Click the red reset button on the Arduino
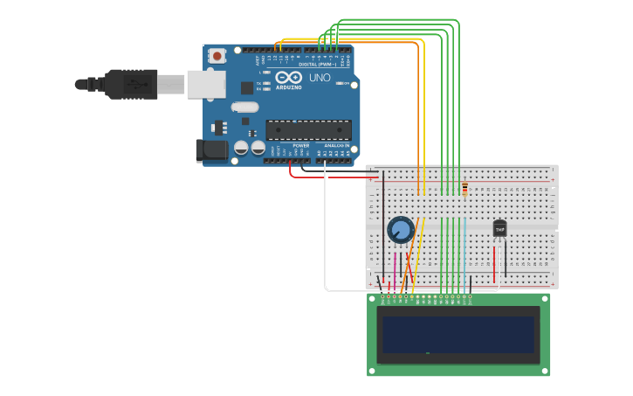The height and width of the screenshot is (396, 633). click(217, 56)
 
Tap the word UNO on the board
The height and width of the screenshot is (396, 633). click(318, 78)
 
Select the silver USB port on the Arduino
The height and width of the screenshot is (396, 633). click(206, 84)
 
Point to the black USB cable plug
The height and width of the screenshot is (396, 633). click(131, 84)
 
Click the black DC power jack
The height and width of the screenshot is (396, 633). click(211, 150)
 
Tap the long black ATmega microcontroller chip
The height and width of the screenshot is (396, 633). click(308, 130)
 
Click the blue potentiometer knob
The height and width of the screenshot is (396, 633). click(400, 230)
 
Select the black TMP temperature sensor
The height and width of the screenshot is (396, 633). click(499, 228)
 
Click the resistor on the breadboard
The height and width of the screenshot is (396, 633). click(464, 189)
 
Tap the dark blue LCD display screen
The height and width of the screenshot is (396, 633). click(458, 334)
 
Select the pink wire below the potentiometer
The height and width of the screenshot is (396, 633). click(395, 267)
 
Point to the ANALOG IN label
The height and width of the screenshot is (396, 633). click(336, 145)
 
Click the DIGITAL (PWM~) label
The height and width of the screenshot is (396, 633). click(316, 64)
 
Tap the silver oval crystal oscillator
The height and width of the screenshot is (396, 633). click(245, 108)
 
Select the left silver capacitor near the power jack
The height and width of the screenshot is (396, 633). click(241, 148)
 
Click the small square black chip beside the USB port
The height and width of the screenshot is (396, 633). click(247, 87)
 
